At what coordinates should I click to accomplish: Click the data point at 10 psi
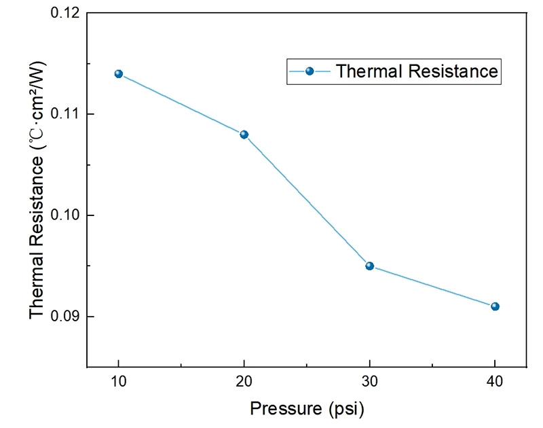pyautogui.click(x=119, y=73)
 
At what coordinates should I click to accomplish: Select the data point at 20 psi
pyautogui.click(x=244, y=135)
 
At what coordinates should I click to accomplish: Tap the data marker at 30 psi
pyautogui.click(x=370, y=266)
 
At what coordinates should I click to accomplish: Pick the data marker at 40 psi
pyautogui.click(x=495, y=306)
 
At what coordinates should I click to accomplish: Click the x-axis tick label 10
pyautogui.click(x=119, y=383)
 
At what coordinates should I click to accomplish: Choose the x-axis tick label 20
pyautogui.click(x=244, y=383)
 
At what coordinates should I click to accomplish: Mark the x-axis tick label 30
pyautogui.click(x=370, y=383)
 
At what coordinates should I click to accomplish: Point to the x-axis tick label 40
pyautogui.click(x=495, y=383)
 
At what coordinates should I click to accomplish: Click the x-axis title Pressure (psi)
pyautogui.click(x=307, y=409)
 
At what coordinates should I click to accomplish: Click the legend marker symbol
pyautogui.click(x=310, y=71)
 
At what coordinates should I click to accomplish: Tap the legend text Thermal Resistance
pyautogui.click(x=417, y=71)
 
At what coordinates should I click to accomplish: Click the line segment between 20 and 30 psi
pyautogui.click(x=307, y=200)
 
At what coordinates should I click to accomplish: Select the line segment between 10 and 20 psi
pyautogui.click(x=181, y=104)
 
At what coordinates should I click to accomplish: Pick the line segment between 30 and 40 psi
pyautogui.click(x=432, y=286)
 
